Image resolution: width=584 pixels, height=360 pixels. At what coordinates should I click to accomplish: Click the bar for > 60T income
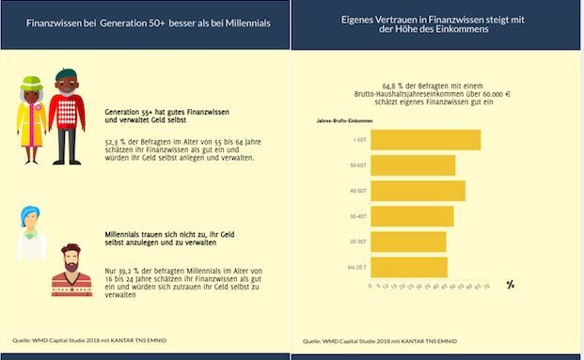(x=425, y=140)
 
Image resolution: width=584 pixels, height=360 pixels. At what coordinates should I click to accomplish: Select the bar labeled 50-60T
(x=413, y=165)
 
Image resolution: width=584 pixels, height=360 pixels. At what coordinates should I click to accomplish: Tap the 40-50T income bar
(x=418, y=191)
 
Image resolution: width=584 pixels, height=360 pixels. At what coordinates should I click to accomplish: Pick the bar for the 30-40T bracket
(x=412, y=216)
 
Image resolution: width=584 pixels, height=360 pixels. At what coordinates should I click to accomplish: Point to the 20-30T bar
(x=408, y=242)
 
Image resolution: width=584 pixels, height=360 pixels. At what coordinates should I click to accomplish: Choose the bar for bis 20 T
(x=409, y=267)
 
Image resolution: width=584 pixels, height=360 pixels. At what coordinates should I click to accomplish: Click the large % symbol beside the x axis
(x=510, y=284)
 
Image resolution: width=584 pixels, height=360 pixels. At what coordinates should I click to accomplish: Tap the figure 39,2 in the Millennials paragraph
(x=126, y=270)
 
